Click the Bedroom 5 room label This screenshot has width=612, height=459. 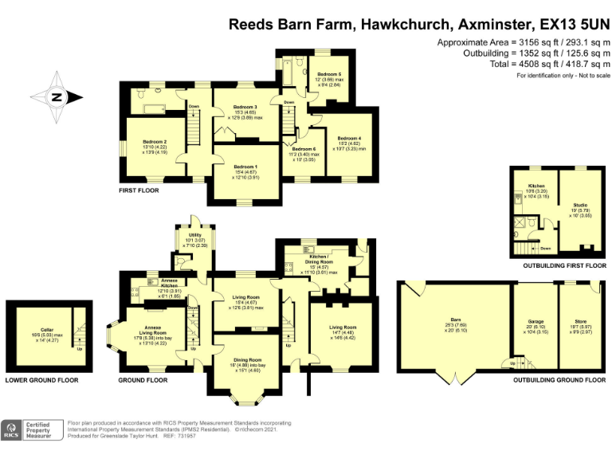pos(328,74)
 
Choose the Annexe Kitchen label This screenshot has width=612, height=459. pos(174,282)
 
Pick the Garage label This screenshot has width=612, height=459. pos(535,322)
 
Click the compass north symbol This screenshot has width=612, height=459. pos(56,98)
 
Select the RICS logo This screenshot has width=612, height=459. pos(13,431)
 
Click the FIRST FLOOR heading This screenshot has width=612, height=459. pos(139,190)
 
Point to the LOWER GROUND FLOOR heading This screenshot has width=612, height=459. pos(42,380)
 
